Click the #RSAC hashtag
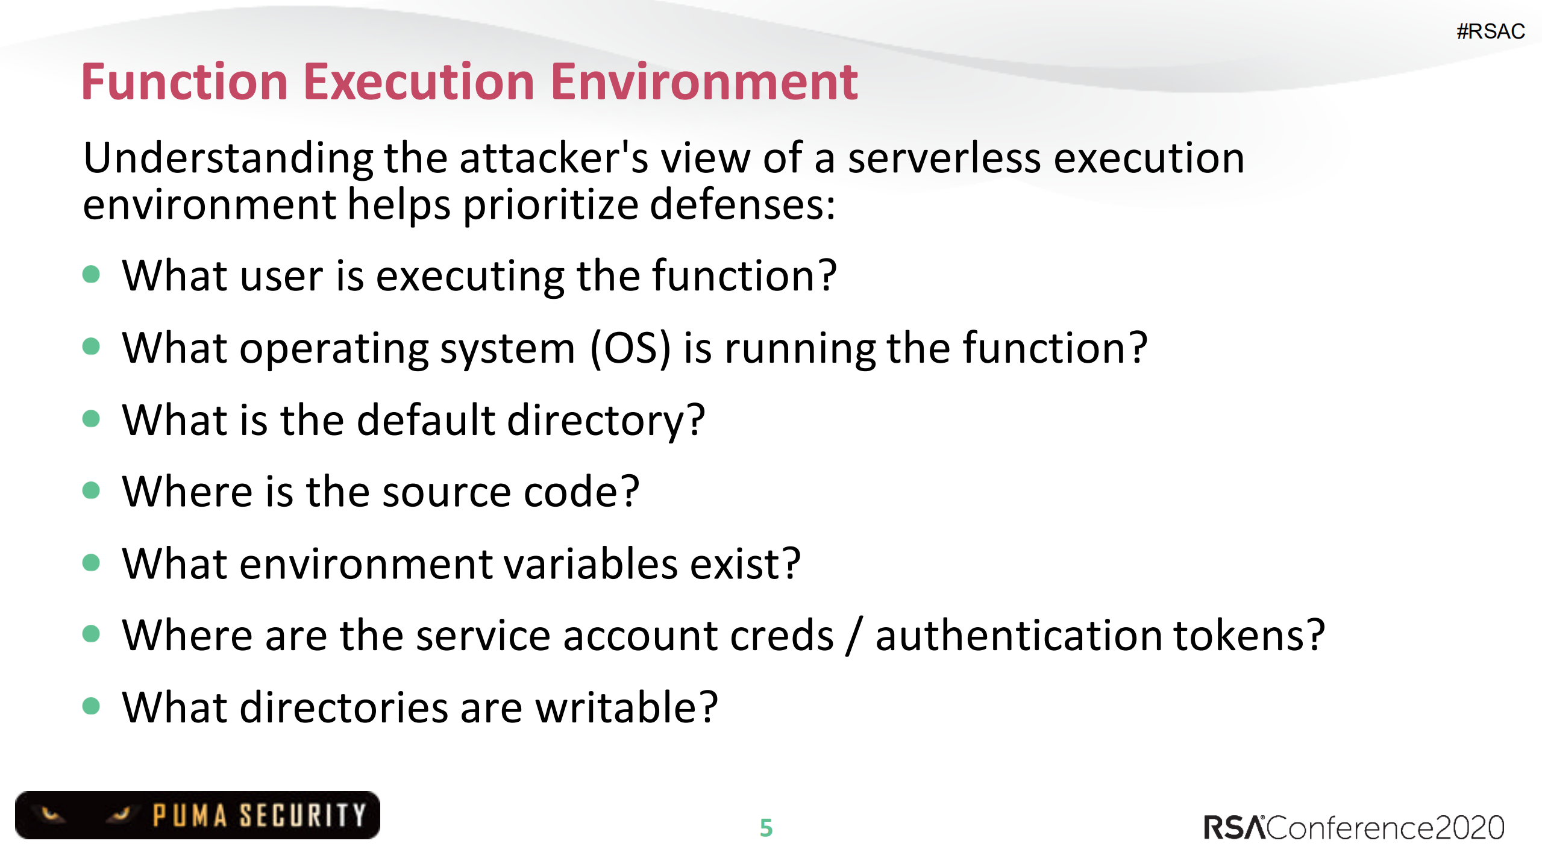1490,31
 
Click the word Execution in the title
419,82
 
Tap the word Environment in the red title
704,82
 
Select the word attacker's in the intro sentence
553,158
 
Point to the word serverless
944,158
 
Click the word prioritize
550,205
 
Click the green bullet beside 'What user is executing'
91,275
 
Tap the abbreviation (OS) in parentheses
630,348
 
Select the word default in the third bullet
425,420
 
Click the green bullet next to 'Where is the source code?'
91,490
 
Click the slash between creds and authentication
854,636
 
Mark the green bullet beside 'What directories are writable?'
91,706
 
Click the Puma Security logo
198,815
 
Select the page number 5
766,828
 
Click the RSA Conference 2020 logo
1353,828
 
